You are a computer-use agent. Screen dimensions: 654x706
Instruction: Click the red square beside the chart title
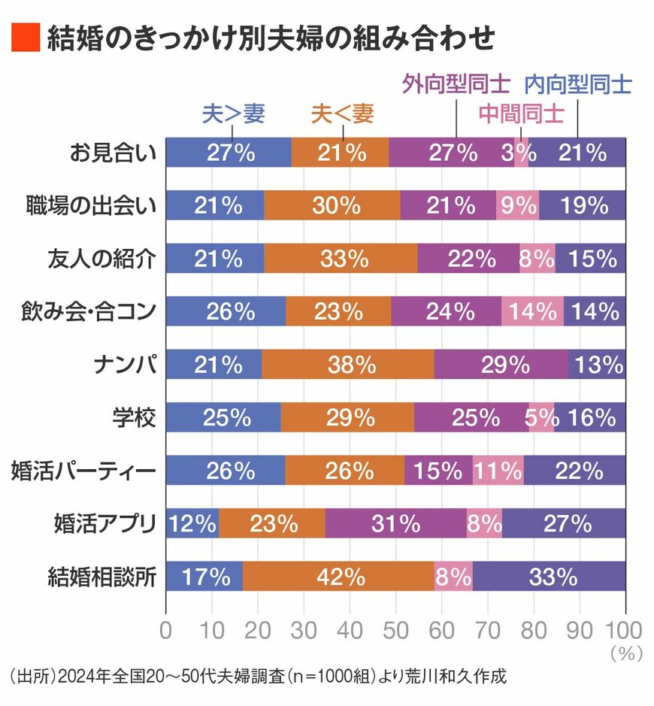coord(26,38)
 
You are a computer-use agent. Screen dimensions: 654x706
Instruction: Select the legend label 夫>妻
coord(233,113)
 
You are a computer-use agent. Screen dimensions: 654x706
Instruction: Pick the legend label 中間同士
coord(521,114)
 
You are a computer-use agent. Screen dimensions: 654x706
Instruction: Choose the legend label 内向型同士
coord(578,84)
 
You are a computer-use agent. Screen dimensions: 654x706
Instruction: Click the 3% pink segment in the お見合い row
coord(521,152)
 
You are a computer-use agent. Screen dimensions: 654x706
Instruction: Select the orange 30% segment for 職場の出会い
coord(332,205)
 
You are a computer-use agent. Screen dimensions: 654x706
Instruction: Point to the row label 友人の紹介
coord(101,259)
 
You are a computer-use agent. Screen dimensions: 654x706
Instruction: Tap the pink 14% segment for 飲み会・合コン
coord(532,311)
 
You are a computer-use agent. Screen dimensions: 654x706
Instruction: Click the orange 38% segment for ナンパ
coord(348,364)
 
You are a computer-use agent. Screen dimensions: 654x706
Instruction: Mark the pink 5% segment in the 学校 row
coord(541,417)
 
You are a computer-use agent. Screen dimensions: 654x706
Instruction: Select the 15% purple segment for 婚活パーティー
coord(438,470)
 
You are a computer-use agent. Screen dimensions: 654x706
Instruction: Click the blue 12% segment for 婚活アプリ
coord(192,523)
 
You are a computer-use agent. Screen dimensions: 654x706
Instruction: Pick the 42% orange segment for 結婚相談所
coord(338,576)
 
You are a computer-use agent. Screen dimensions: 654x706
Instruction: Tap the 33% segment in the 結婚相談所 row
coord(549,576)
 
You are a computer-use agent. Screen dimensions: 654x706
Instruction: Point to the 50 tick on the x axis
coord(395,630)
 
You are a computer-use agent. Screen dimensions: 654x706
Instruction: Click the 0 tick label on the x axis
coord(165,630)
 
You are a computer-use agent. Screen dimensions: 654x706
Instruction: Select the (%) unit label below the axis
coord(626,653)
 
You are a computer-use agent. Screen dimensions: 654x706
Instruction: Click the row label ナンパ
coord(125,364)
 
